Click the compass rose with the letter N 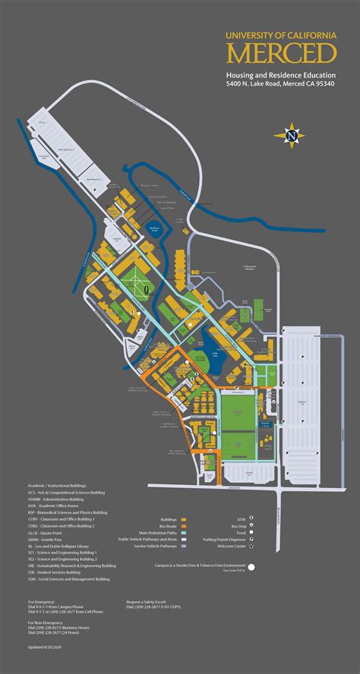[x=292, y=136]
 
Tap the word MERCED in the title [x=280, y=54]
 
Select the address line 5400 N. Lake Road [x=280, y=84]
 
